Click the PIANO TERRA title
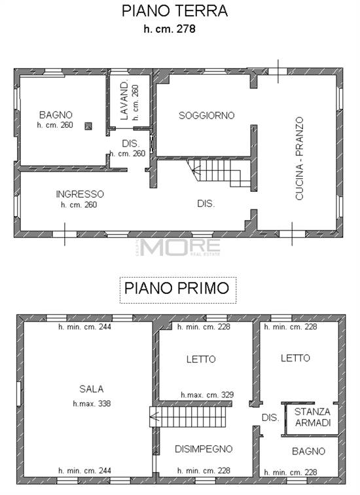(x=175, y=11)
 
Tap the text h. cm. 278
(x=170, y=29)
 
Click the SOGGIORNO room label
(x=207, y=115)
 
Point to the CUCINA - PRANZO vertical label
(x=299, y=158)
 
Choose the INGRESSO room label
(x=80, y=194)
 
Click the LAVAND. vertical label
(x=124, y=100)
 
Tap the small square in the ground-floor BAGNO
(x=88, y=126)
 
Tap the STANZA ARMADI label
(x=312, y=417)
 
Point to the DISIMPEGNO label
(x=204, y=449)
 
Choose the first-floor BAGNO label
(x=309, y=451)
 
